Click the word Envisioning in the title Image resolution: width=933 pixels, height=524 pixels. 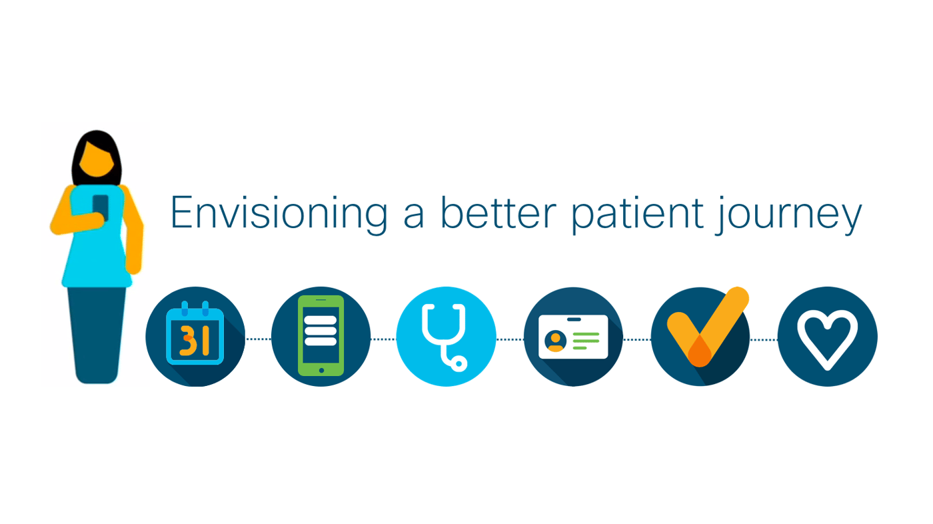click(x=279, y=213)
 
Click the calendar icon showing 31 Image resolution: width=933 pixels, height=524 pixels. click(x=195, y=337)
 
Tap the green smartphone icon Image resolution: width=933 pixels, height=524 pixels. click(x=321, y=336)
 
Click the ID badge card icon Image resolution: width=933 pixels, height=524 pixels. click(x=573, y=337)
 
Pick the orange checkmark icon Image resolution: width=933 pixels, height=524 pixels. click(x=704, y=330)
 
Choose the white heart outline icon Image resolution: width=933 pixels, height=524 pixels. click(x=827, y=337)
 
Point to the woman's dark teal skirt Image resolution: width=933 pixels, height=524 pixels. click(x=97, y=333)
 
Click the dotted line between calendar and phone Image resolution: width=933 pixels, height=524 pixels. click(x=258, y=339)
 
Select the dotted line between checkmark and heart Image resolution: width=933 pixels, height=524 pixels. click(x=764, y=339)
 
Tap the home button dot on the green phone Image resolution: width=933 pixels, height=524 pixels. click(x=321, y=370)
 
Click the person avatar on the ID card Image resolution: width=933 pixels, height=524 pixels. click(x=555, y=341)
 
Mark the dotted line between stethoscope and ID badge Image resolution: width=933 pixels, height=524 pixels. click(x=510, y=339)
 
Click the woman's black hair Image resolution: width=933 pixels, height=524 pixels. click(x=96, y=139)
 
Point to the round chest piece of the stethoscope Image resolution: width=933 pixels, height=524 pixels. click(x=459, y=363)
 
